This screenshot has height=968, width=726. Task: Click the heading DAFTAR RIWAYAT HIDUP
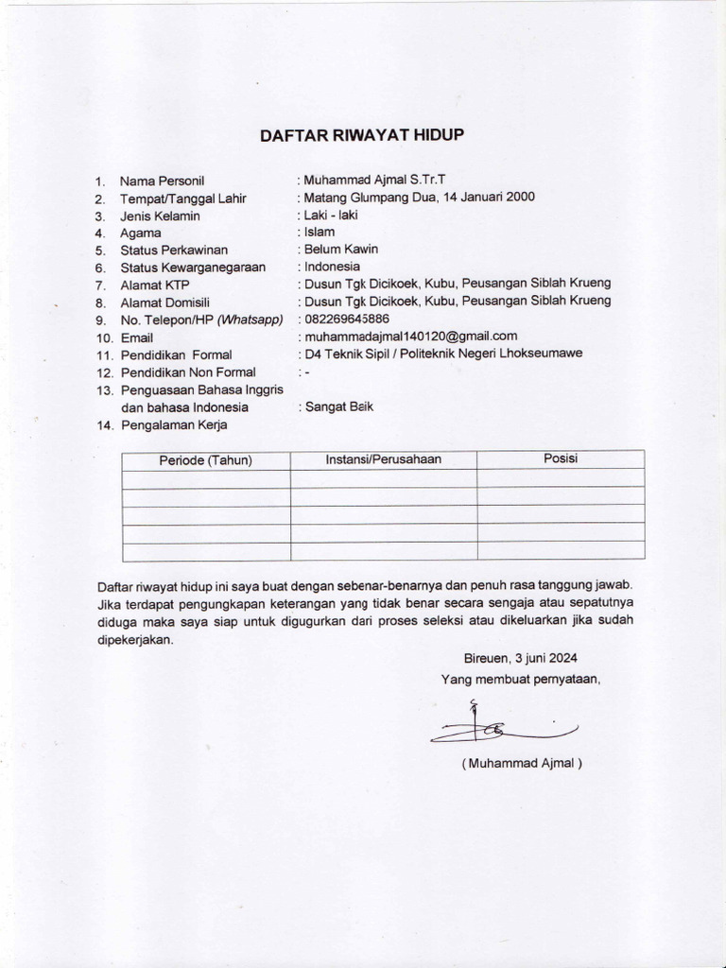tap(363, 135)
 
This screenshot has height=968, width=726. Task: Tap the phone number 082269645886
tap(344, 319)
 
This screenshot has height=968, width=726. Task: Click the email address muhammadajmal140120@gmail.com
tap(409, 336)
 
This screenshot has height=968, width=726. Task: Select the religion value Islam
tap(315, 232)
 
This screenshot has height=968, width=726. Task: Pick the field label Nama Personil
tap(163, 181)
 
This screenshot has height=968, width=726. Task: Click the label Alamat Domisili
tap(166, 302)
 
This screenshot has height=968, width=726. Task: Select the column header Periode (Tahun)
tap(205, 460)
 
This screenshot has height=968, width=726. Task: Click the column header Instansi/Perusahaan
tap(383, 459)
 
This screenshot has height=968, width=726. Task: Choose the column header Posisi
tap(561, 458)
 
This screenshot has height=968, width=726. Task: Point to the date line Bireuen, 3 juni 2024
tap(520, 658)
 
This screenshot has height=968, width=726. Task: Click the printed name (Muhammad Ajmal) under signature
tap(522, 764)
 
